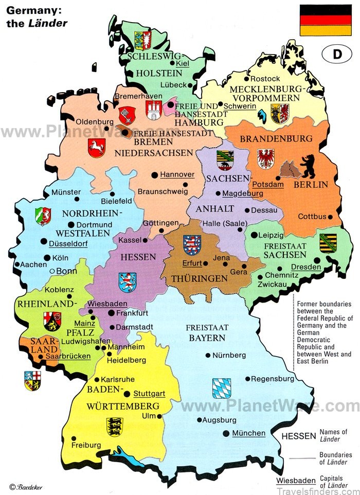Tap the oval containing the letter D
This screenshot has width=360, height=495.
(337, 55)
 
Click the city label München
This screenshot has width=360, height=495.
(248, 433)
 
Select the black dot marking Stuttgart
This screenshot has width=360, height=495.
(127, 394)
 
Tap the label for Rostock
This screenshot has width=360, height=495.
(266, 78)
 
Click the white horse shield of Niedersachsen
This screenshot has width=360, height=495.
(96, 147)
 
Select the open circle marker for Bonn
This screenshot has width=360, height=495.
(51, 271)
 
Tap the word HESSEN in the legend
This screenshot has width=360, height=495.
(298, 436)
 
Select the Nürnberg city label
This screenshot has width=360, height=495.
(229, 355)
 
